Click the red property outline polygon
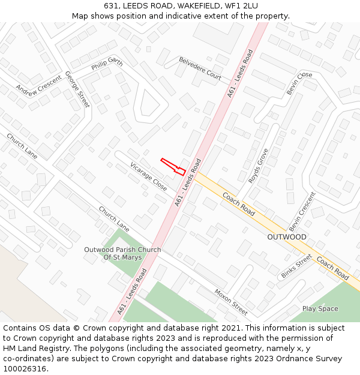click(x=174, y=167)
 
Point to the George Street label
click(x=77, y=89)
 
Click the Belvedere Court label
click(x=200, y=68)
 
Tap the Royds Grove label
click(x=258, y=166)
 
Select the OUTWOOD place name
click(x=287, y=237)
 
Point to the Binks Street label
click(x=296, y=266)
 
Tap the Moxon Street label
click(x=231, y=301)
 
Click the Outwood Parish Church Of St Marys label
click(x=123, y=254)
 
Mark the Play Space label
click(x=320, y=308)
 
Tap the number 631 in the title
click(x=110, y=5)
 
